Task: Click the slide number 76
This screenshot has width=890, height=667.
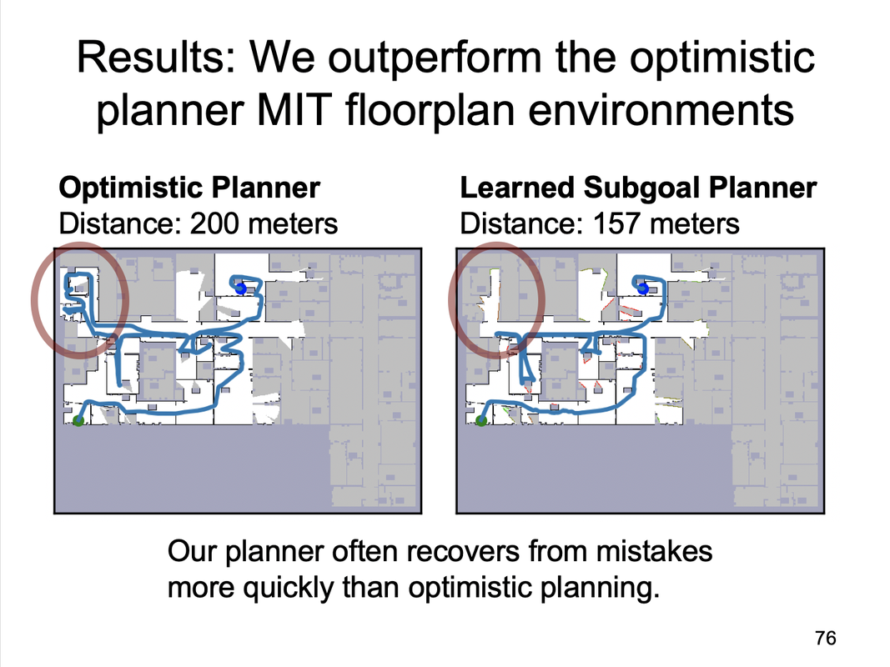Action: pos(824,639)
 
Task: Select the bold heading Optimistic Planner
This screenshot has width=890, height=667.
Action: pos(189,188)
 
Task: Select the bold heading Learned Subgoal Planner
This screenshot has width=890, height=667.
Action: pos(638,188)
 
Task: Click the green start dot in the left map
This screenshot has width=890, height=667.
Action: pos(78,421)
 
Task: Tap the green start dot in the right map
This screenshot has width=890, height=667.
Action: pos(481,421)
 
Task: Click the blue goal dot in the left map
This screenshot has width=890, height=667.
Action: pos(241,288)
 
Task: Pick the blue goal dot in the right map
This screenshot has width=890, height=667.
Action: pos(642,288)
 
